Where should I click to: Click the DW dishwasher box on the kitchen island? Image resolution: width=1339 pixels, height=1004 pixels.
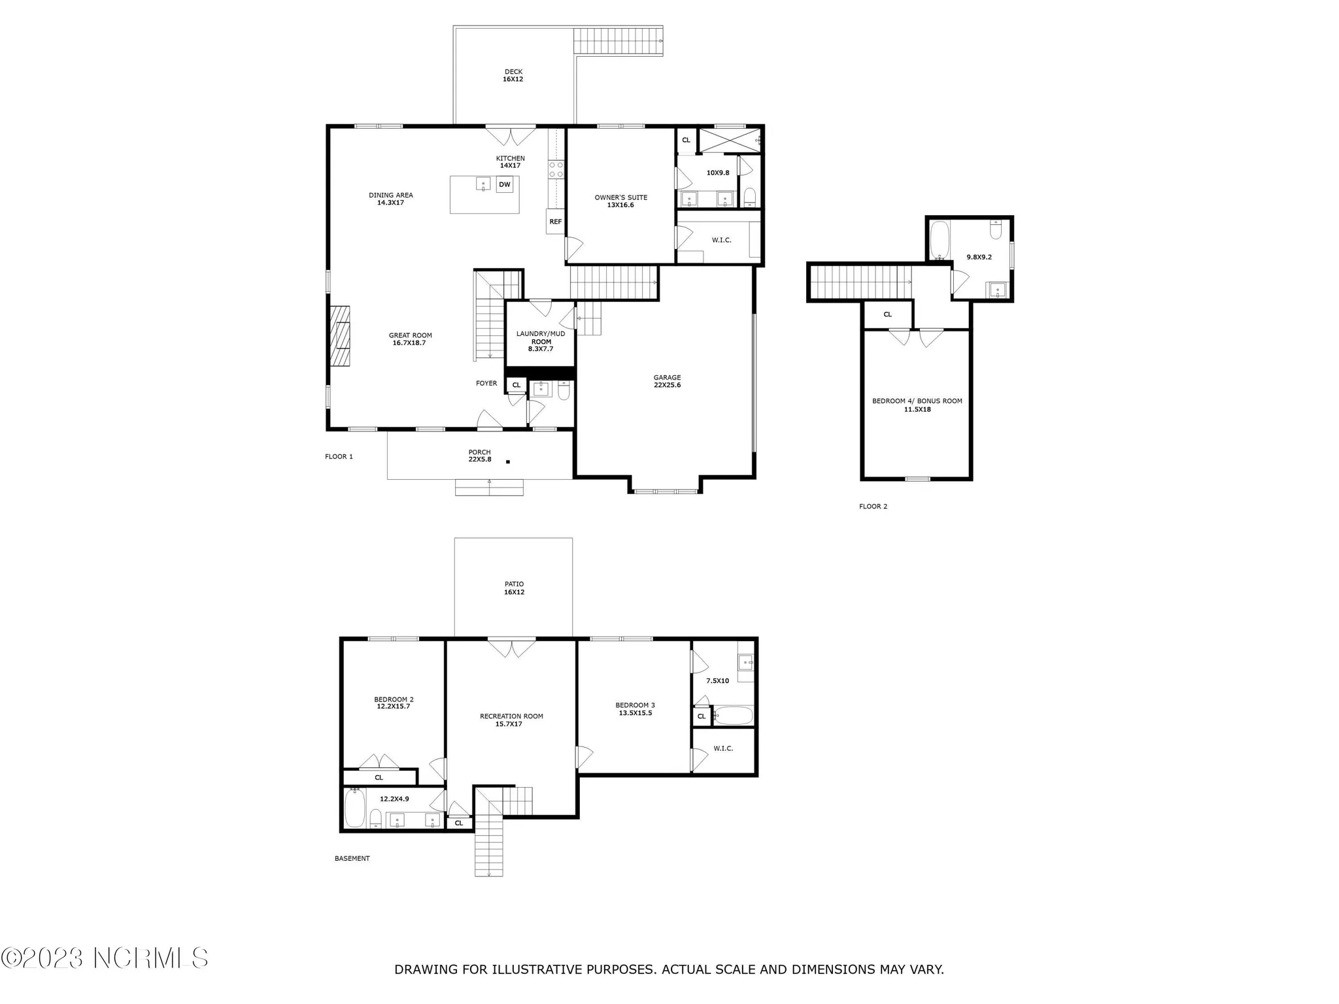point(504,185)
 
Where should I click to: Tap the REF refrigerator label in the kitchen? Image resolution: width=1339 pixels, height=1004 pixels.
point(555,222)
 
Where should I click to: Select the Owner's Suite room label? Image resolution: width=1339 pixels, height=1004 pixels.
point(620,201)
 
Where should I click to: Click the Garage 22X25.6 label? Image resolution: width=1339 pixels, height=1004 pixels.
point(667,381)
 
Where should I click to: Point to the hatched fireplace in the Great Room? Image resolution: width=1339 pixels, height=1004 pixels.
point(339,336)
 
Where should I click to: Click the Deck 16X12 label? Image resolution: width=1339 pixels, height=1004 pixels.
point(513,75)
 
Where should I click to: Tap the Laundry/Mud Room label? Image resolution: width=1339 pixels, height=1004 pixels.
point(541,341)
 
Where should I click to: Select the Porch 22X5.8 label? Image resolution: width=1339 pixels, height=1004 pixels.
point(479,456)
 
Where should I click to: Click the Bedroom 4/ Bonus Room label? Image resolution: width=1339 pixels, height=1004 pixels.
point(917,405)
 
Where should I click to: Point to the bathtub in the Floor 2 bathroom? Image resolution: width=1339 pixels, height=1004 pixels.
point(939,240)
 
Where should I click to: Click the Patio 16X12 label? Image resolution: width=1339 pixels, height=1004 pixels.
point(514,588)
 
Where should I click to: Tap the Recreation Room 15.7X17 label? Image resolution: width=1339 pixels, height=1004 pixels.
point(511,720)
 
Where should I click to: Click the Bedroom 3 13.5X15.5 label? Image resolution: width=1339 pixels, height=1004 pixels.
point(635,709)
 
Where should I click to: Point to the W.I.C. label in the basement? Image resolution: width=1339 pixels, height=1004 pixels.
point(723,748)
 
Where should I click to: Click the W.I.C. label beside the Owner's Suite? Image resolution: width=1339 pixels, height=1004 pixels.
point(721,240)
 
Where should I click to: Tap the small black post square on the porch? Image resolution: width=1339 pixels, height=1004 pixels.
point(508,462)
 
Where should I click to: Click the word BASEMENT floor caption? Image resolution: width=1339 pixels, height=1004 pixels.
point(352,858)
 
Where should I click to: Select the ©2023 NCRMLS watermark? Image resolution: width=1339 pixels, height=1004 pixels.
point(105,958)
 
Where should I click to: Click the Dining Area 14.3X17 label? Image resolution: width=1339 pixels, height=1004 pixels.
point(390,199)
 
